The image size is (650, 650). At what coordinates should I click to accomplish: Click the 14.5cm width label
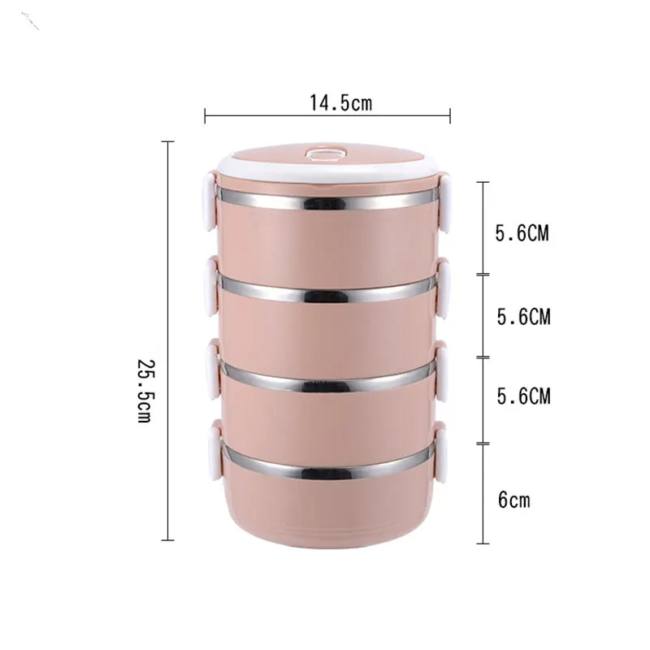(x=340, y=103)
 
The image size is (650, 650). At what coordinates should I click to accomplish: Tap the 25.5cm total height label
(x=145, y=391)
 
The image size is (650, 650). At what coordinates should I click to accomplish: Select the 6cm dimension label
(x=514, y=500)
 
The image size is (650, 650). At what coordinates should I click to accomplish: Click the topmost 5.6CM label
(x=522, y=233)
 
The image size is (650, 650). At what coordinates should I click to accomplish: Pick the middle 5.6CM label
(x=523, y=317)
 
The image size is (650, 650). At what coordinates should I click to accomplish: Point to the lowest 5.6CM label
(x=523, y=396)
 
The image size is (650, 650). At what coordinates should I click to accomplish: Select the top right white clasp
(x=444, y=203)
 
